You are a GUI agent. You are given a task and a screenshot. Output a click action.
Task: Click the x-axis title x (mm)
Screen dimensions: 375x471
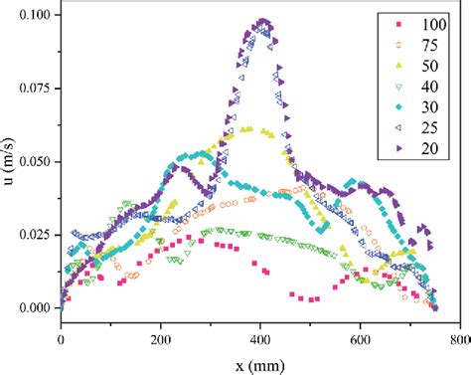click(260, 362)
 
